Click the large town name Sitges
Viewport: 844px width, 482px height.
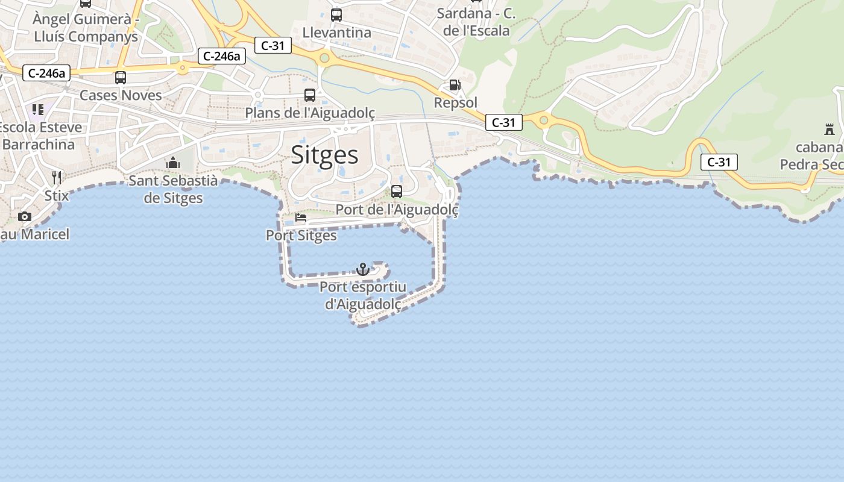[x=325, y=155]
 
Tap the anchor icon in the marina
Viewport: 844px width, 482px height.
[x=363, y=269]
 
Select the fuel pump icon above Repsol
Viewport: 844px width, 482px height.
[x=455, y=86]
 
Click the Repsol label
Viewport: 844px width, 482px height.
[x=456, y=103]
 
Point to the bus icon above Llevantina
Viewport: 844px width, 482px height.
[x=336, y=15]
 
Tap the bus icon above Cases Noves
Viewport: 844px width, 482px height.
[x=121, y=77]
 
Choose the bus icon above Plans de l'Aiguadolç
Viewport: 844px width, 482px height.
[x=310, y=95]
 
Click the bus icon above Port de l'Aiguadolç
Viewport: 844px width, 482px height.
[x=397, y=192]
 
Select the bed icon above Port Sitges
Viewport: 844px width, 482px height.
[x=301, y=218]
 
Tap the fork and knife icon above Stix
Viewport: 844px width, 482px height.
[x=57, y=177]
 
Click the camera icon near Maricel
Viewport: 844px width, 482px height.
[x=25, y=216]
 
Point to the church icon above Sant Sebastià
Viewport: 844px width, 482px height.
[x=173, y=163]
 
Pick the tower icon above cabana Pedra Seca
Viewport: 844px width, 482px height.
[x=830, y=129]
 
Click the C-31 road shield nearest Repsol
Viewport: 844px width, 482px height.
[x=503, y=122]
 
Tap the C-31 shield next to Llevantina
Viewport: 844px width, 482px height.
[x=273, y=45]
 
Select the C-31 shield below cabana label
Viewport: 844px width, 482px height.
[x=719, y=161]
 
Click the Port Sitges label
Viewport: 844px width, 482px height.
[x=301, y=235]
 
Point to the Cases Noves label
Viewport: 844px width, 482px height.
[x=121, y=95]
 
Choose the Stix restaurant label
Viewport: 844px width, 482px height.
[x=57, y=196]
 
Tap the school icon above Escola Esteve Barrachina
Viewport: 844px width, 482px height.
[x=38, y=110]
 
